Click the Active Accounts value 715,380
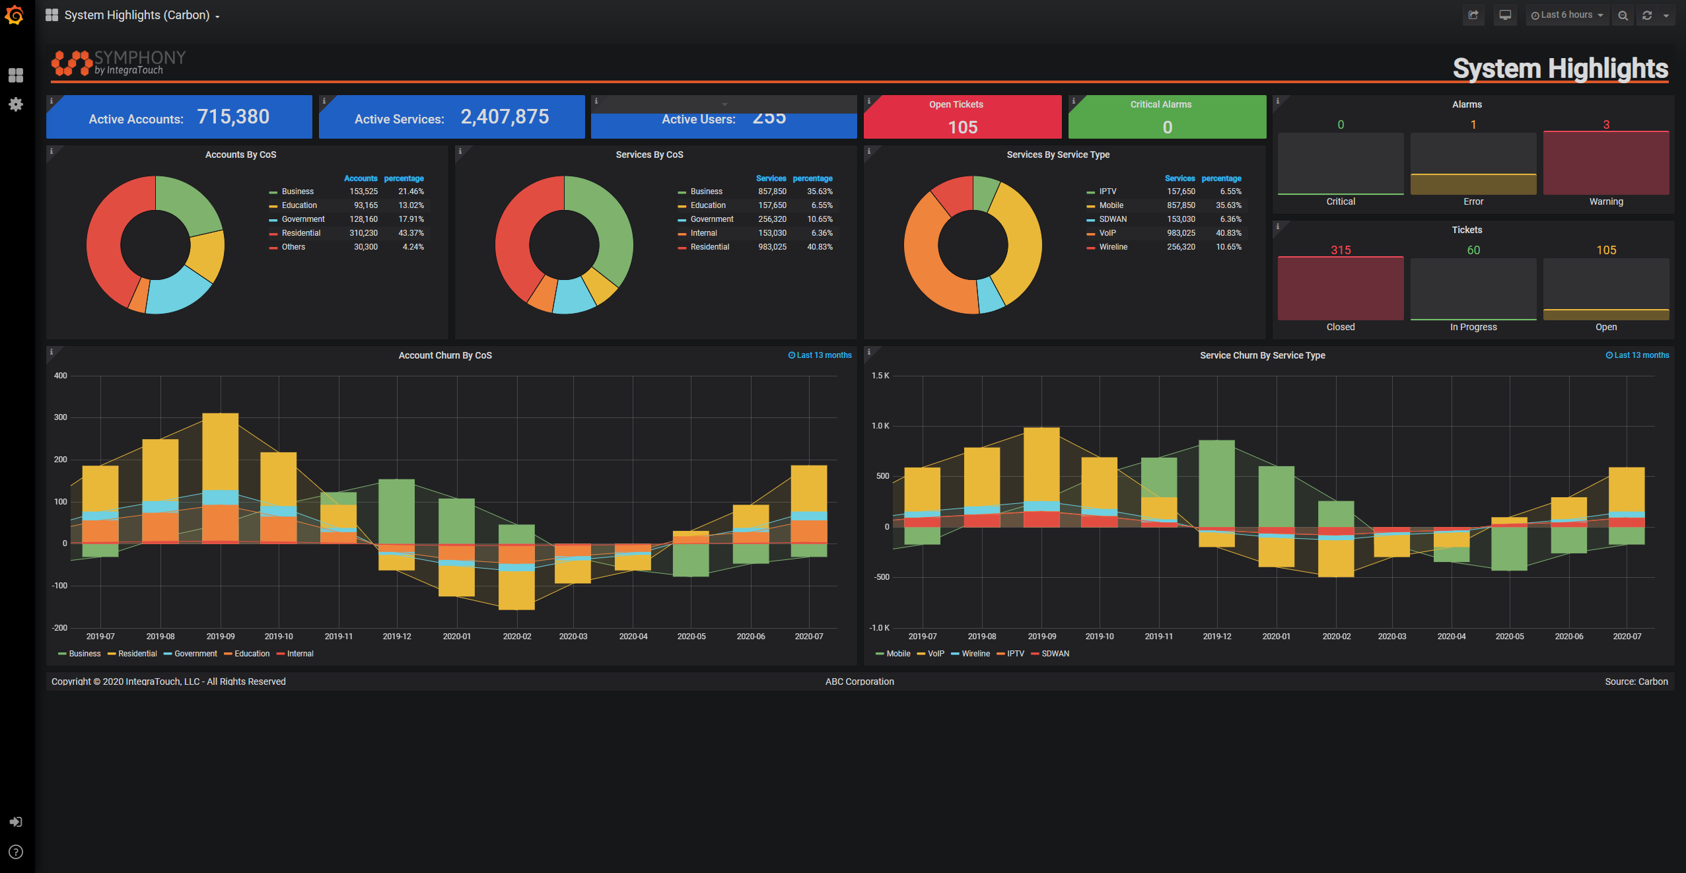(233, 117)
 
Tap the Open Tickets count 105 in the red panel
(962, 127)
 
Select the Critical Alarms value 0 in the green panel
(1167, 127)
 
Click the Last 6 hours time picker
(1566, 15)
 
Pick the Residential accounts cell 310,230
(363, 233)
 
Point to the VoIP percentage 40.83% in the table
(1228, 233)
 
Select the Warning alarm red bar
(1605, 163)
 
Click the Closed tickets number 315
(1340, 250)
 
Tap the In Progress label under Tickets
(1473, 327)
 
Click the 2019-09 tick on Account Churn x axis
(221, 637)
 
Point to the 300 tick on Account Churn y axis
(61, 417)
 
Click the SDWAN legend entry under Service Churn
(1055, 654)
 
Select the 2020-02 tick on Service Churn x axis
(1336, 637)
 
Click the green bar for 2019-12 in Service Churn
(1216, 482)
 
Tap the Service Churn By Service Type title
(1262, 355)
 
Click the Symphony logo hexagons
(71, 63)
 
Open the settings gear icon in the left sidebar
(16, 104)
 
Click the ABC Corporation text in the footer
(859, 681)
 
